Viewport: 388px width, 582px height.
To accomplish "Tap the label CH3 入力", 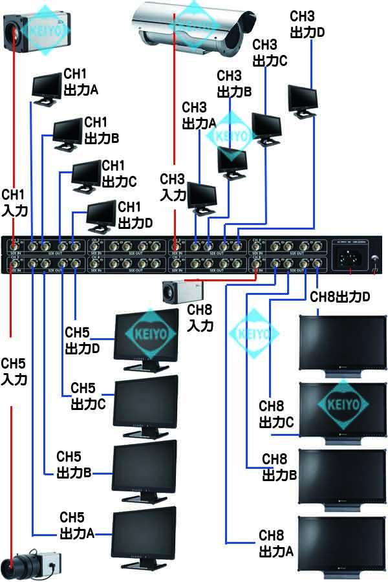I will tap(173, 187).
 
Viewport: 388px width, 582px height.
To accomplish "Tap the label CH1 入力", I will tap(14, 202).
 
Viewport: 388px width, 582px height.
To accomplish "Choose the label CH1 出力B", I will tap(102, 130).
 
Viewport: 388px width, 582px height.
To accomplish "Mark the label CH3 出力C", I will tap(269, 52).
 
